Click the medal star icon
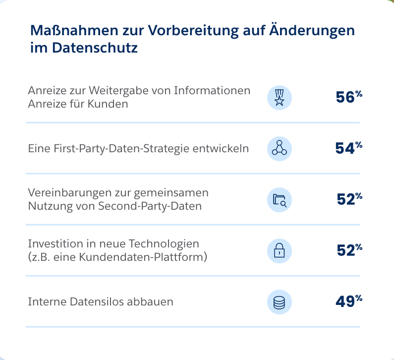point(280,97)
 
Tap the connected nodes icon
point(280,148)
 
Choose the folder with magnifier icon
point(280,199)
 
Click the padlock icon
point(280,250)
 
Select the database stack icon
point(280,301)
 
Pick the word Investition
point(52,244)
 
